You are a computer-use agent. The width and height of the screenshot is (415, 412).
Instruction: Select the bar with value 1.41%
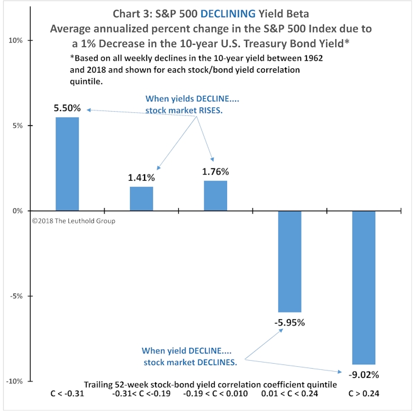142,199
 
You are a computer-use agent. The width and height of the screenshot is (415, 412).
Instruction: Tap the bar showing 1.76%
215,196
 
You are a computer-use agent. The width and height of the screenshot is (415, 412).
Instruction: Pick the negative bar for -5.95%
289,261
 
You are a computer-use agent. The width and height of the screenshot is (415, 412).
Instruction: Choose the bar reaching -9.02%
364,287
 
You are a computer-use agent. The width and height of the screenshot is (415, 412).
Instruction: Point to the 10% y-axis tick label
16,41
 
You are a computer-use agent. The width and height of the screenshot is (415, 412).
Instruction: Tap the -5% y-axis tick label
16,296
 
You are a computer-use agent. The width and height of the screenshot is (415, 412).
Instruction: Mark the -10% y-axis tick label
15,381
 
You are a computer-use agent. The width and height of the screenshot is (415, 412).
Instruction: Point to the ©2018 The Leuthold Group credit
73,220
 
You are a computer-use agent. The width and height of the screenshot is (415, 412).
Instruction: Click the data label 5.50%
67,108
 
